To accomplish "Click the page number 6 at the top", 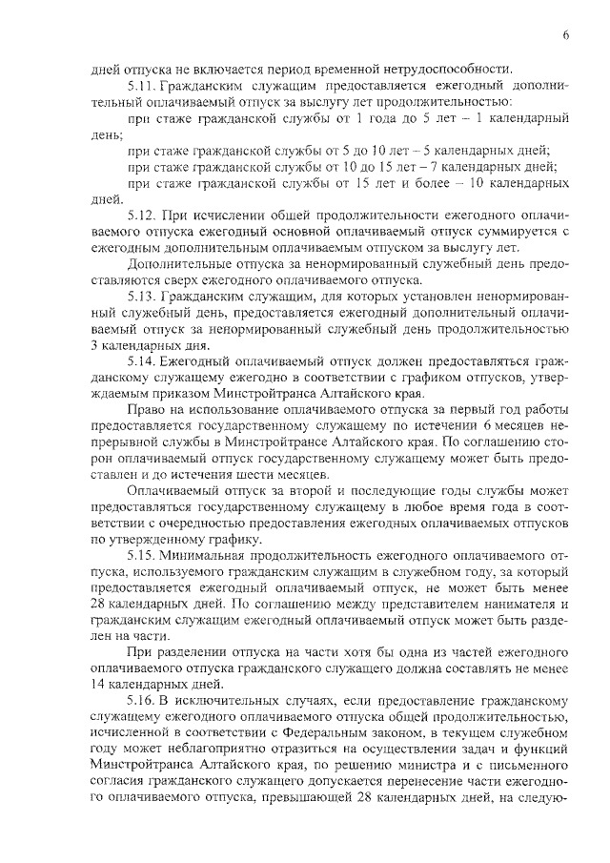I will point(565,35).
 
